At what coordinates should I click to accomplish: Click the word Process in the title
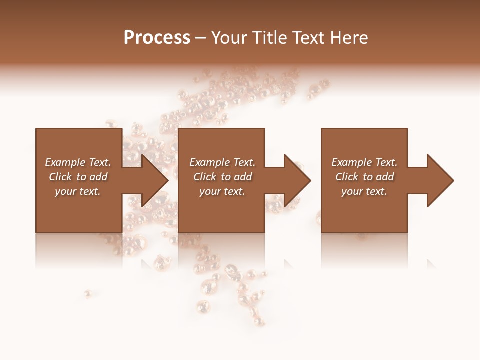[x=157, y=38]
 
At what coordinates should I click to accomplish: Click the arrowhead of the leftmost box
[x=155, y=180]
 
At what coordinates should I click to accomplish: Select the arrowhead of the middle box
[x=297, y=180]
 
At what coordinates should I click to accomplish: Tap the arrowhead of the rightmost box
[x=440, y=180]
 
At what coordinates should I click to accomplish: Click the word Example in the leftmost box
[x=65, y=162]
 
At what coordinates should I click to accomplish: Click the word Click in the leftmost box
[x=60, y=177]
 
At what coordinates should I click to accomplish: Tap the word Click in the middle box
[x=205, y=177]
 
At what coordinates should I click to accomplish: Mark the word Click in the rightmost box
[x=347, y=177]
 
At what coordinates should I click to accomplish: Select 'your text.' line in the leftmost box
[x=78, y=191]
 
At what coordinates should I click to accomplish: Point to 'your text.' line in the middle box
[x=222, y=191]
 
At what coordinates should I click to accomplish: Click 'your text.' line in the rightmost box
[x=364, y=191]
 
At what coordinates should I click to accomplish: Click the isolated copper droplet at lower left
[x=87, y=293]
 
